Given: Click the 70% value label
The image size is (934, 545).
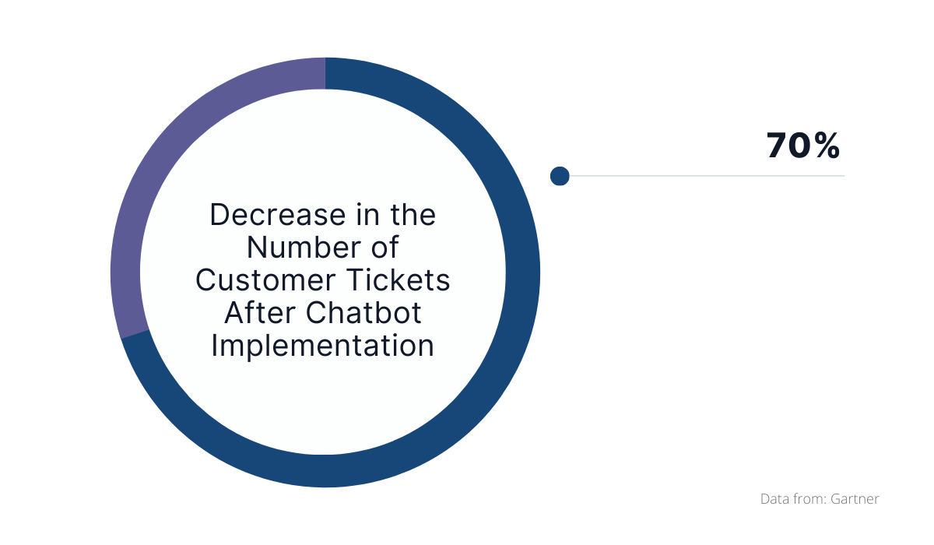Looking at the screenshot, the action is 803,146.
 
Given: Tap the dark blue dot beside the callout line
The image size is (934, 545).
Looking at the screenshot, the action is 560,176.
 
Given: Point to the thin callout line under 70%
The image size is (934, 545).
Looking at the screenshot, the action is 707,176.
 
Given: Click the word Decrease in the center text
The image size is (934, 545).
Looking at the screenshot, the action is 278,215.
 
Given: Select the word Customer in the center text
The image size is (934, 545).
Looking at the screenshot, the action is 265,280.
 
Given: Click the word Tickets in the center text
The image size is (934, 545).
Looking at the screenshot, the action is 399,280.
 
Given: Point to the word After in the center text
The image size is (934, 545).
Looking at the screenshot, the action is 261,313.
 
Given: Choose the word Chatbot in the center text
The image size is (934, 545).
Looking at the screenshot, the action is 363,313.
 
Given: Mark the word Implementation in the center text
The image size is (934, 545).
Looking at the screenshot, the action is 323,346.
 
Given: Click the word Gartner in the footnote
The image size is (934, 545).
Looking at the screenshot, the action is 855,499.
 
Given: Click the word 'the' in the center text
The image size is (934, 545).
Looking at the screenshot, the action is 413,215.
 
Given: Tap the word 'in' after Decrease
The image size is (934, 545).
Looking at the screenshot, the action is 367,215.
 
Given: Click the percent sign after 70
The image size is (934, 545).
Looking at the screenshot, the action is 827,146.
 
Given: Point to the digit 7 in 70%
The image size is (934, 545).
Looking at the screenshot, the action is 778,146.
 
